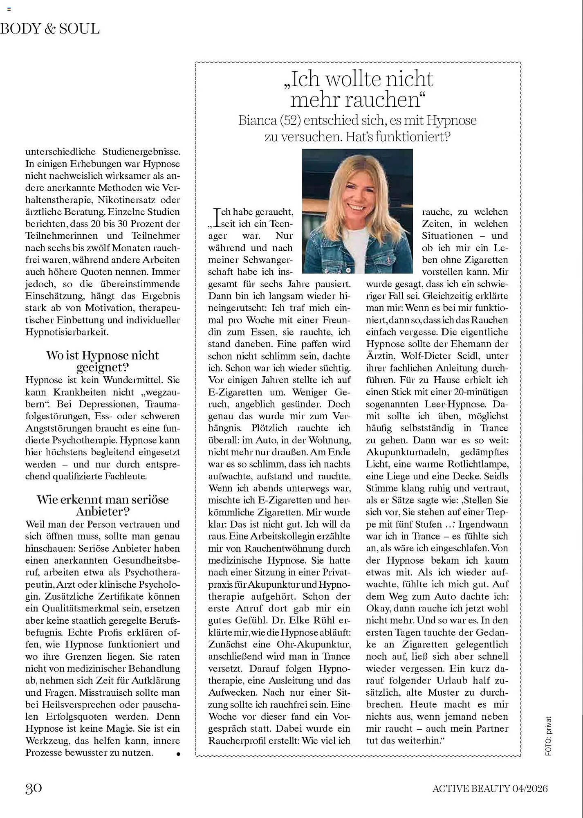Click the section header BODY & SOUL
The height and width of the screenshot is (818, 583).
[x=50, y=29]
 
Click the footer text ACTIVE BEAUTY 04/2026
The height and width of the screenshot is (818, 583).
[x=490, y=788]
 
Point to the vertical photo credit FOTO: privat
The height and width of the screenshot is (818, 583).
[x=548, y=736]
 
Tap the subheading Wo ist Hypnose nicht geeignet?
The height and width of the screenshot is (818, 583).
[x=102, y=361]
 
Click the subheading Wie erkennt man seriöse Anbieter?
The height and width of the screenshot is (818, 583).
[x=102, y=506]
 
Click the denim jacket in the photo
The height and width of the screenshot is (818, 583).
[x=327, y=254]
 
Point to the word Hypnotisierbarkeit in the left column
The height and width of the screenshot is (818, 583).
[x=67, y=332]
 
